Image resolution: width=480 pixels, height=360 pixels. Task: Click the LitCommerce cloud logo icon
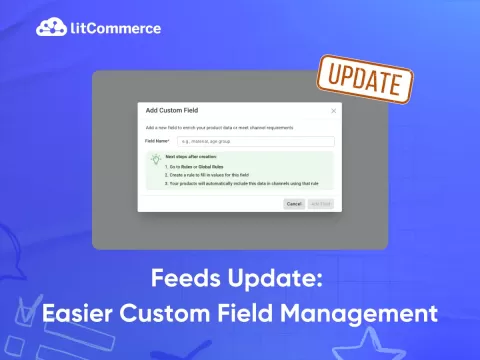pyautogui.click(x=49, y=28)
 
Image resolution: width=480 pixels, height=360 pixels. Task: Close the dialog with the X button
pyautogui.click(x=334, y=110)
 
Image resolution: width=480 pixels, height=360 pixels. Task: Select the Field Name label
pyautogui.click(x=157, y=142)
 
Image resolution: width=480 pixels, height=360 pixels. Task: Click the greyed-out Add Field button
pyautogui.click(x=321, y=203)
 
